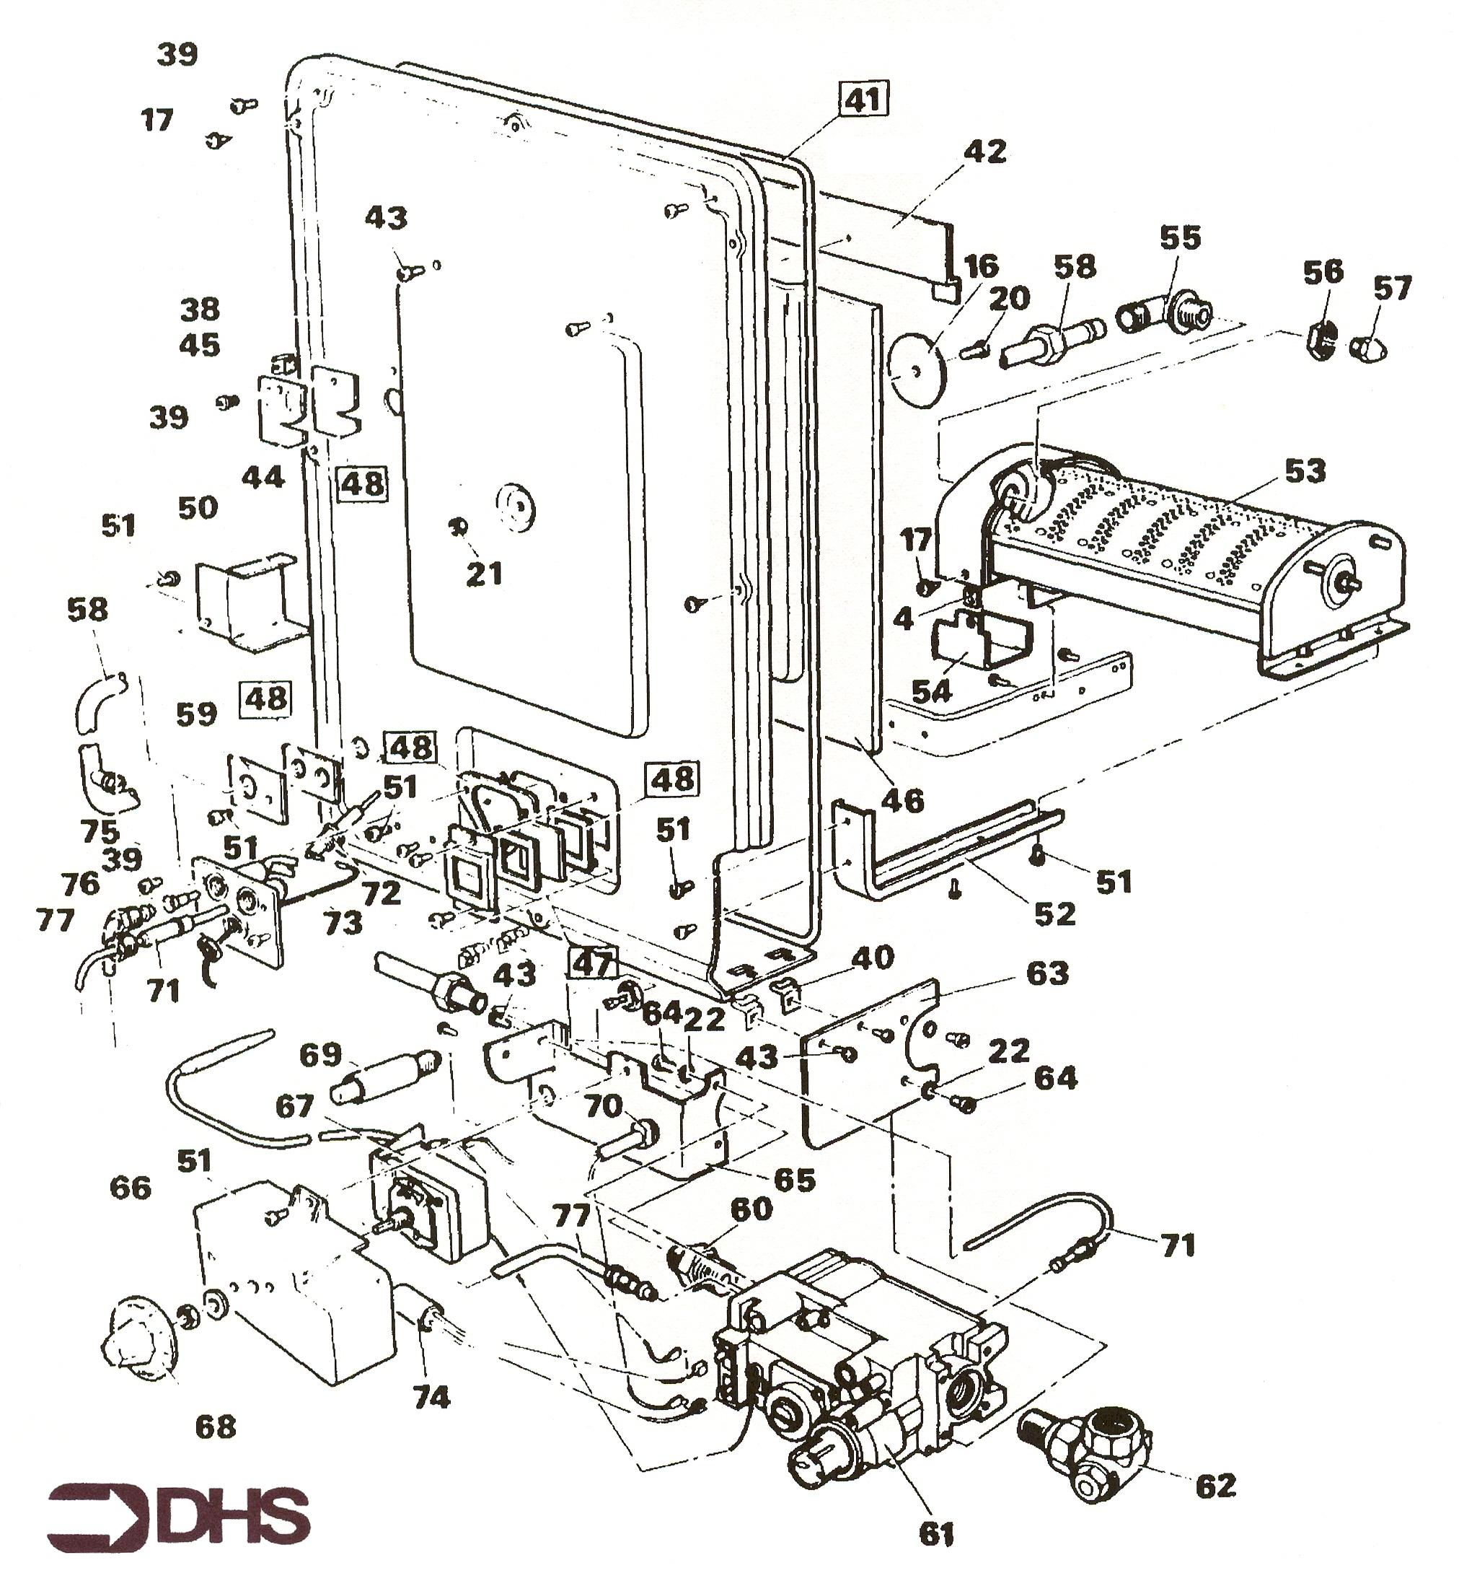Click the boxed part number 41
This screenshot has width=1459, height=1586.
[863, 100]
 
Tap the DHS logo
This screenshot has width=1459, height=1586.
[178, 1517]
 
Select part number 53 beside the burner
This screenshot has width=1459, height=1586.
[1305, 471]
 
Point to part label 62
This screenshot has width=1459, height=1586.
[1216, 1486]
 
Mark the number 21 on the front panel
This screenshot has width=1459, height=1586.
[484, 574]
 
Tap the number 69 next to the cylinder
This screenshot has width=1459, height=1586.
[322, 1054]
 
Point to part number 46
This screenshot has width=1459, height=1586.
[902, 800]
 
